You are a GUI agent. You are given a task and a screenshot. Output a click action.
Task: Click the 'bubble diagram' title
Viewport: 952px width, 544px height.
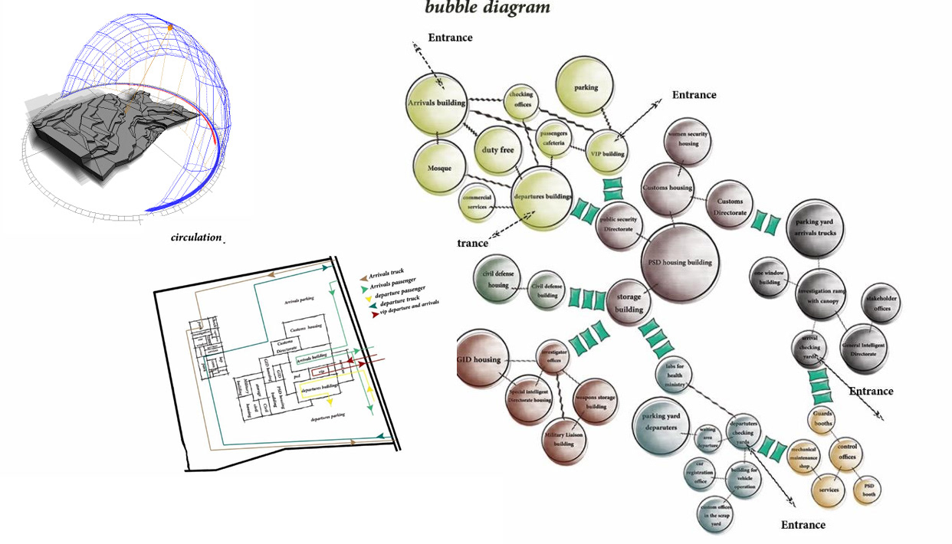coord(487,8)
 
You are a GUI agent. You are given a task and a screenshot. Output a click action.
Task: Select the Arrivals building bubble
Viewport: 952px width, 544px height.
coord(436,103)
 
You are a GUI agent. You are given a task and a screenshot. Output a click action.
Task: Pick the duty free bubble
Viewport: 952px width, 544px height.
coord(497,149)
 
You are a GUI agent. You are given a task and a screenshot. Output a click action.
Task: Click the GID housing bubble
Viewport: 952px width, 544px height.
coord(483,359)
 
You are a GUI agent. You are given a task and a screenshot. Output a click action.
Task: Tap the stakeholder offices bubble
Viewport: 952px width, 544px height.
coord(881,303)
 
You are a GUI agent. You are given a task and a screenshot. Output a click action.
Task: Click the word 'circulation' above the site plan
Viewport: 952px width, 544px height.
coord(196,238)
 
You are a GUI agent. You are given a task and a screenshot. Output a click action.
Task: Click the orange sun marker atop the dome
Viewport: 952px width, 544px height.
coord(170,28)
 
